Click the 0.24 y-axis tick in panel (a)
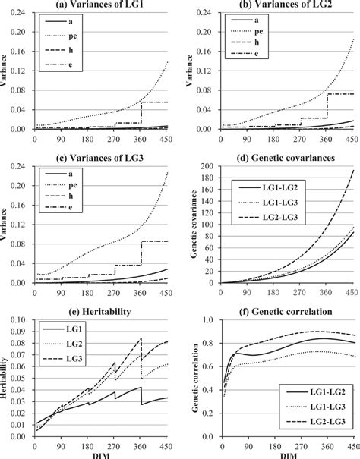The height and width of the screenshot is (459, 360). pos(18,14)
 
